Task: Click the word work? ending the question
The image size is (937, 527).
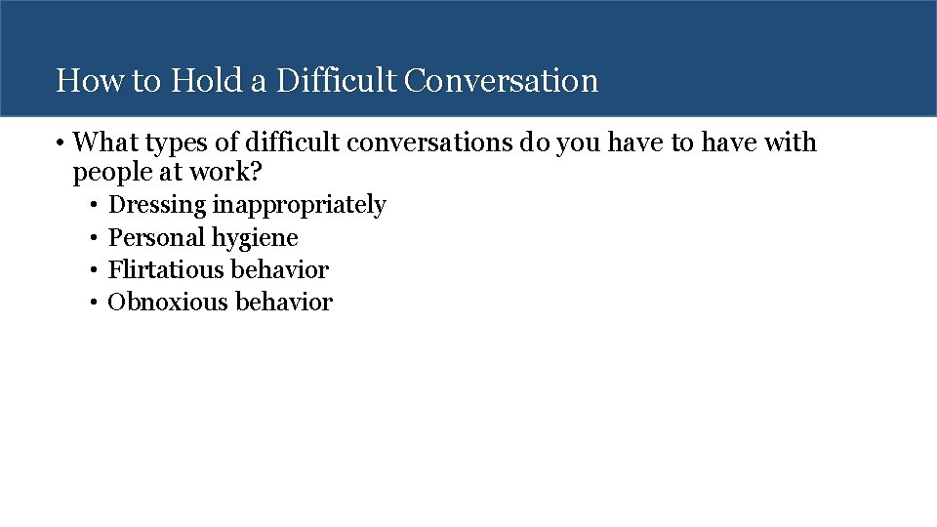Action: [x=229, y=173]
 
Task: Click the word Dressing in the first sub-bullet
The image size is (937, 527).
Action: [x=157, y=205]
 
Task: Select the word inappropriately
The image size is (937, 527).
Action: [x=300, y=205]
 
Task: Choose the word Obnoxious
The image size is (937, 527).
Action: [x=169, y=302]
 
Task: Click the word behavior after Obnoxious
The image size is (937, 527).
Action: [x=284, y=302]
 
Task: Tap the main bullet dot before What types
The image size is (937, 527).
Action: [x=61, y=143]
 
